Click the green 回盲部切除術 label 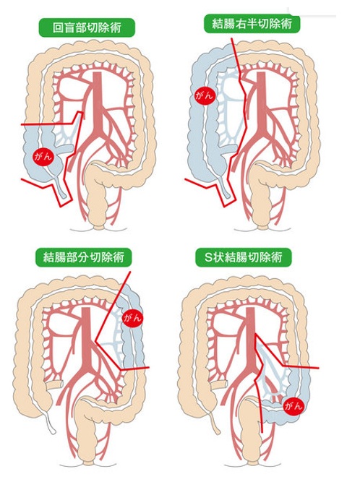point(87,27)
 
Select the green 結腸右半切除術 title point(252,24)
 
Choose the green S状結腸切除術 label point(243,257)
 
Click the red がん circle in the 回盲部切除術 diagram point(43,157)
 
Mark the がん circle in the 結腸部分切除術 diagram point(133,317)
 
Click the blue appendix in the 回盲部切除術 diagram point(61,187)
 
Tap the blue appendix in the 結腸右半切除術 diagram point(224,187)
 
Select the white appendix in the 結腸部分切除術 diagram point(49,422)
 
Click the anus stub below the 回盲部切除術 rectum point(99,228)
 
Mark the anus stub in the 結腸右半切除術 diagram point(262,228)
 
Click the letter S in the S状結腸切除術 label point(209,257)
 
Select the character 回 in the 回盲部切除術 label point(58,28)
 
